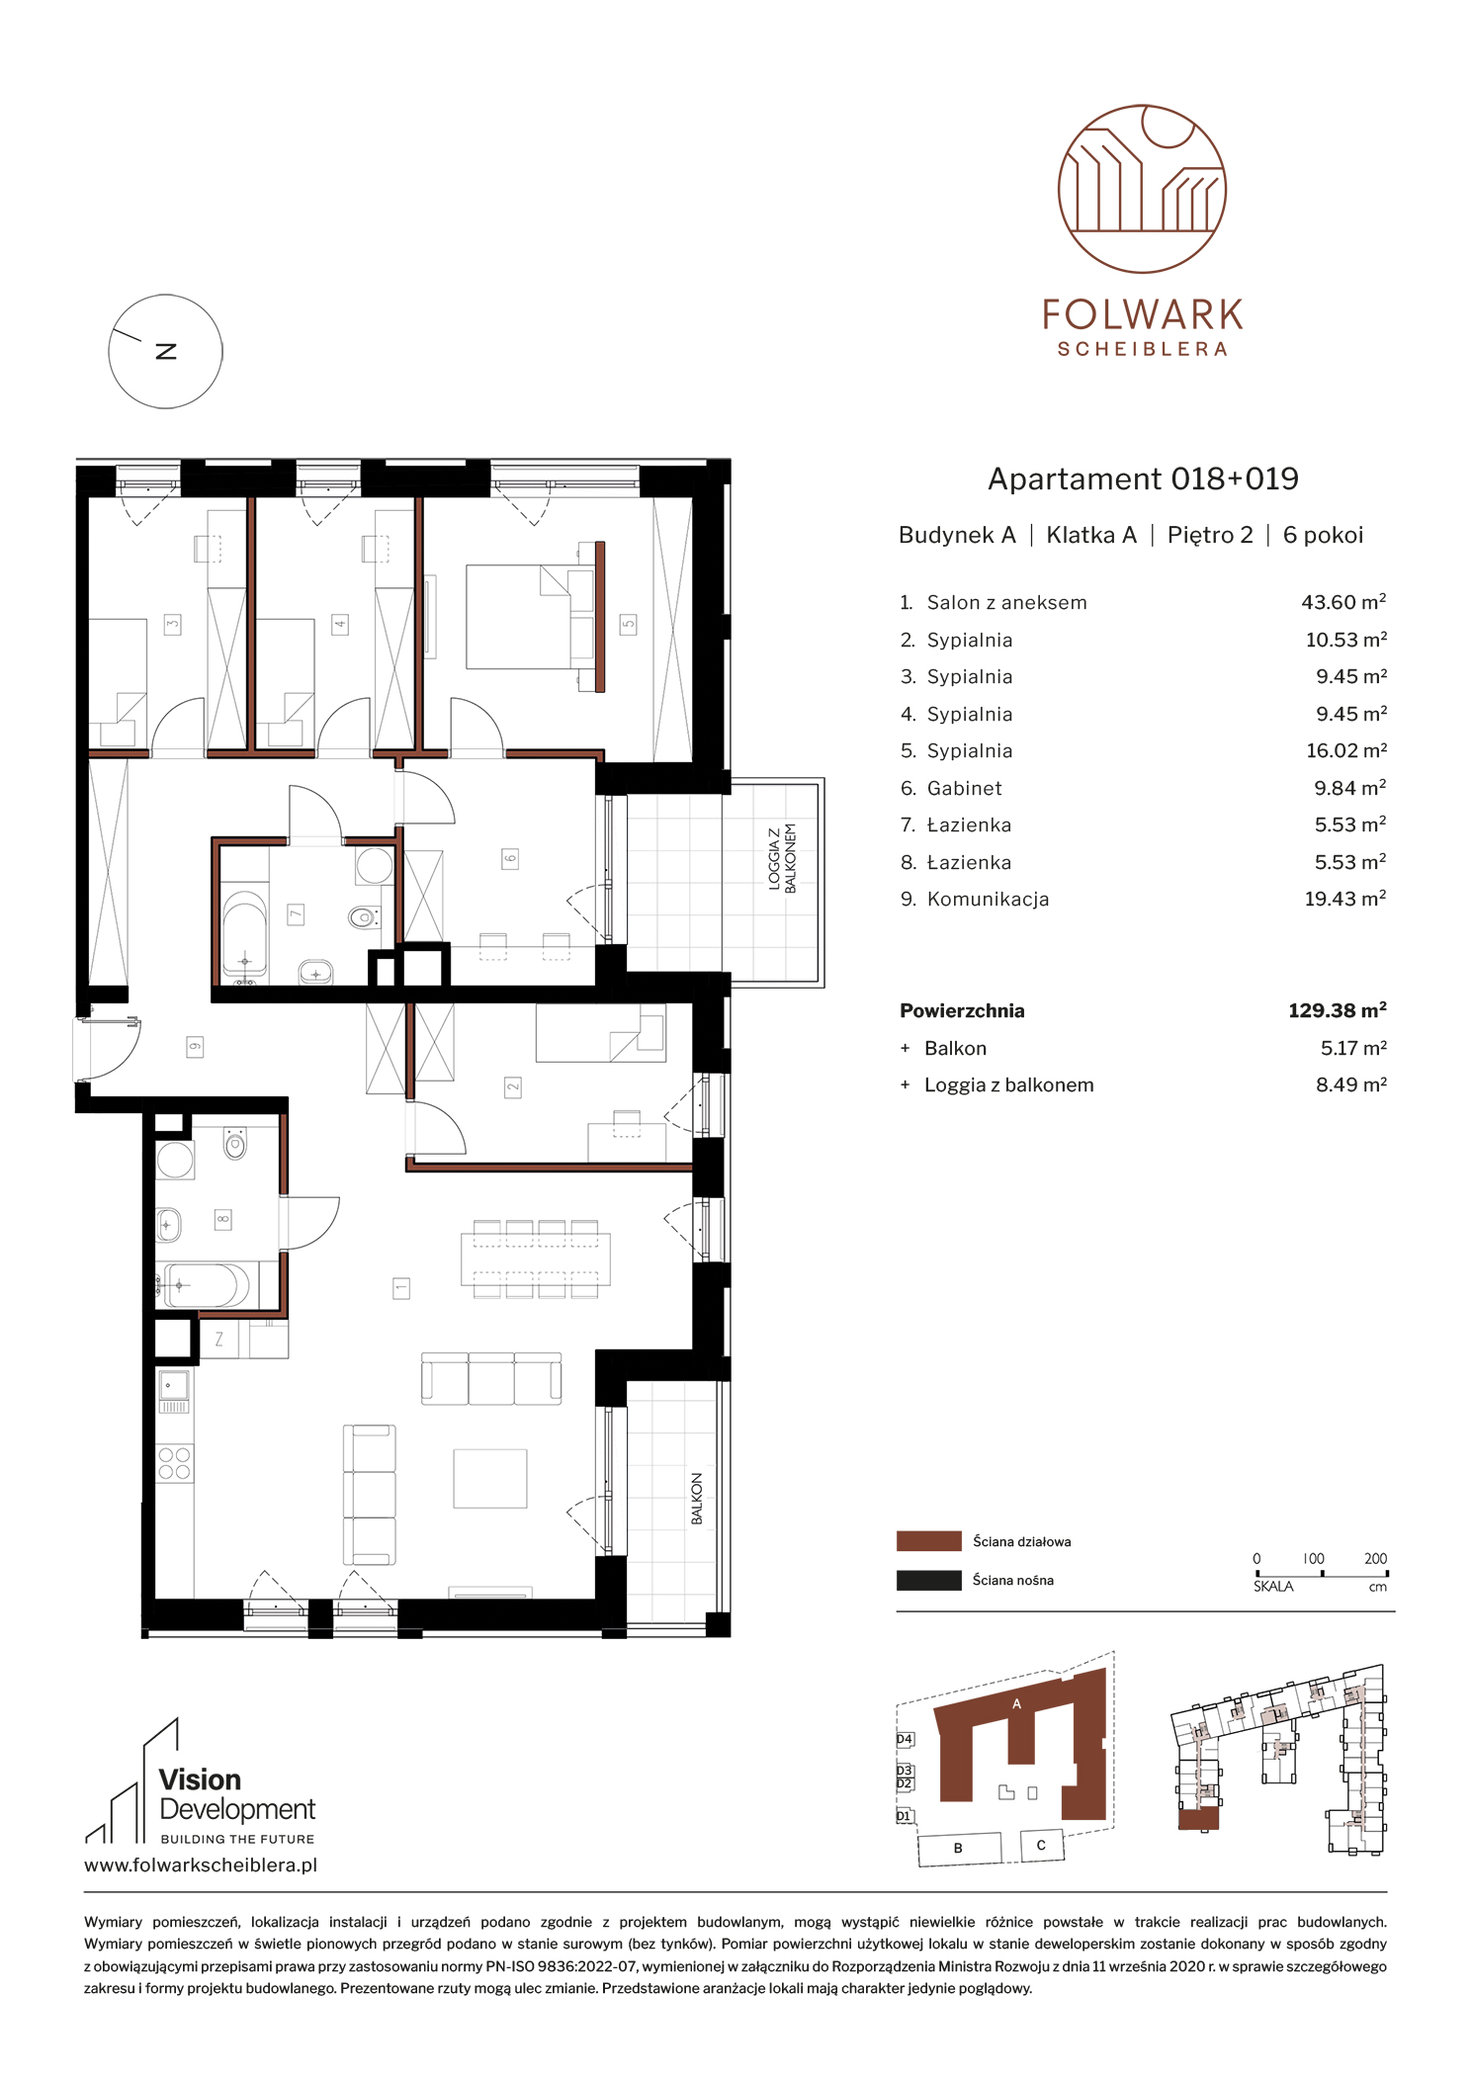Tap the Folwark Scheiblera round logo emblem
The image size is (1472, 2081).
[x=1142, y=189]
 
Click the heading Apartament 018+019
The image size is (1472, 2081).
[x=1143, y=479]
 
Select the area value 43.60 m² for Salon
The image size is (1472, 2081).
[x=1343, y=602]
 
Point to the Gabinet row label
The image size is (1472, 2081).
[x=964, y=788]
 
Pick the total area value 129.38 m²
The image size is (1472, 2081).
[x=1337, y=1010]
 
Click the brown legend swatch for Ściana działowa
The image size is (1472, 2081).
[x=928, y=1541]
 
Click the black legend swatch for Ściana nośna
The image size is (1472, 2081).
[x=928, y=1580]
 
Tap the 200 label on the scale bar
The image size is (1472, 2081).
[x=1375, y=1559]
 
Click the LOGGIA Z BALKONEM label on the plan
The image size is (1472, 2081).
[x=782, y=858]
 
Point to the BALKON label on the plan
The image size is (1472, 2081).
[x=697, y=1499]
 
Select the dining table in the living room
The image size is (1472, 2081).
[x=535, y=1258]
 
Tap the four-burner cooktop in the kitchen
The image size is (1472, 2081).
[x=175, y=1463]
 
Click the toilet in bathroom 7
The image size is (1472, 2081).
[x=364, y=918]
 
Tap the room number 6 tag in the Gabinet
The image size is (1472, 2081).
[x=510, y=858]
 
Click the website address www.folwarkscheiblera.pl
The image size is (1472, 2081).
[x=201, y=1865]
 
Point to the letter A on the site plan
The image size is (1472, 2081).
[x=1016, y=1703]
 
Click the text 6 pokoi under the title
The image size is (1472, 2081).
[x=1323, y=536]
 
